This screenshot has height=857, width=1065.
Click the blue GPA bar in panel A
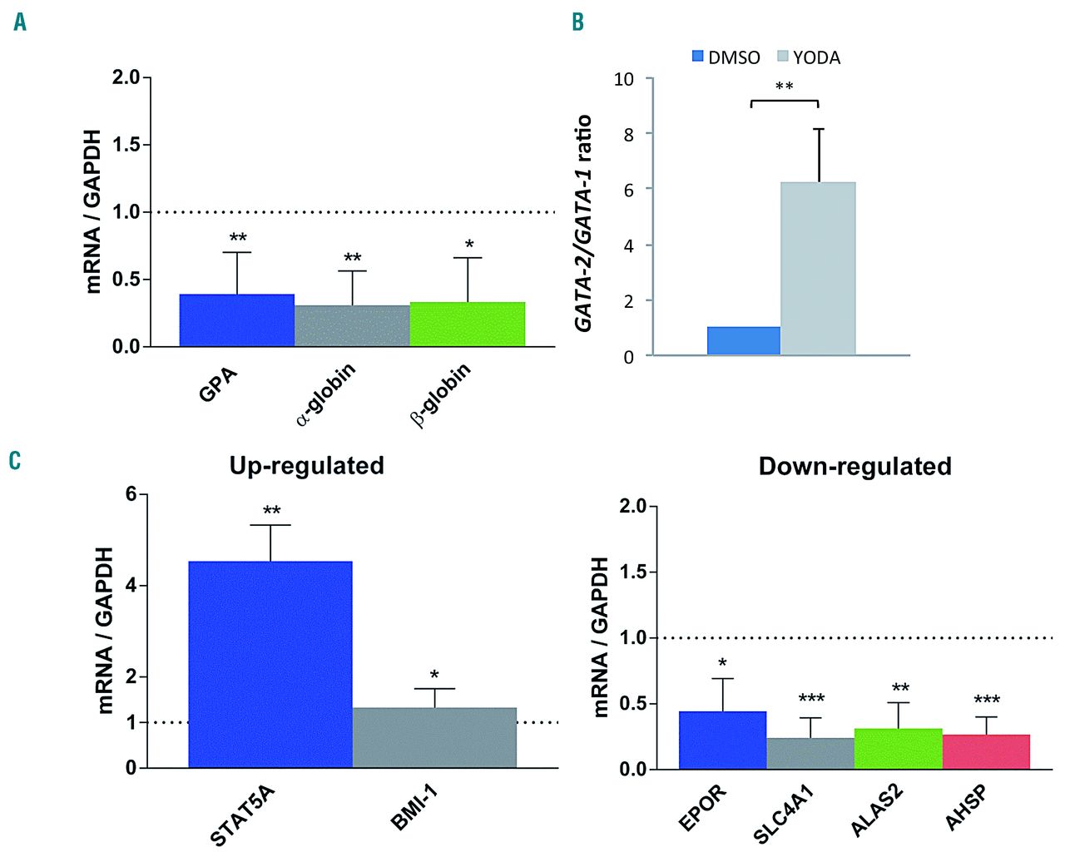(x=237, y=320)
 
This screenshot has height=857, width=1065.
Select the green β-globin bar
(x=468, y=324)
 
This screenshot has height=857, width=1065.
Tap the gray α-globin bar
(x=352, y=325)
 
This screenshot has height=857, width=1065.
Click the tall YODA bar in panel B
(x=818, y=269)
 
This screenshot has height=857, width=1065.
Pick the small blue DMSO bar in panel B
(x=744, y=341)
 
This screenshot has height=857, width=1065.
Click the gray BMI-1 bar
(x=434, y=737)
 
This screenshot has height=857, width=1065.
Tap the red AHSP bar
(x=986, y=752)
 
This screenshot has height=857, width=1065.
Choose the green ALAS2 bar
(x=899, y=749)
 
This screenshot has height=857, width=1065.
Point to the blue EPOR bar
(x=722, y=740)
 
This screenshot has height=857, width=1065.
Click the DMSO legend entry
(x=726, y=57)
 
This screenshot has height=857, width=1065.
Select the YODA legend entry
(x=808, y=57)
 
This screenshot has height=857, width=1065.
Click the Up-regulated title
(x=307, y=465)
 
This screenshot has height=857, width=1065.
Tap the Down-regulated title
(x=854, y=466)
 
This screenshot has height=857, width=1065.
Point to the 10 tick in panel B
(x=624, y=79)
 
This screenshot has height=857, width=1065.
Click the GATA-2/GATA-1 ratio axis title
(x=584, y=223)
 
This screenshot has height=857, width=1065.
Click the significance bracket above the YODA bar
(x=785, y=102)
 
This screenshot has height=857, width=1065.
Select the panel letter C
(x=15, y=460)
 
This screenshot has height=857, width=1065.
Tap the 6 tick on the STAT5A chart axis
(x=131, y=494)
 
